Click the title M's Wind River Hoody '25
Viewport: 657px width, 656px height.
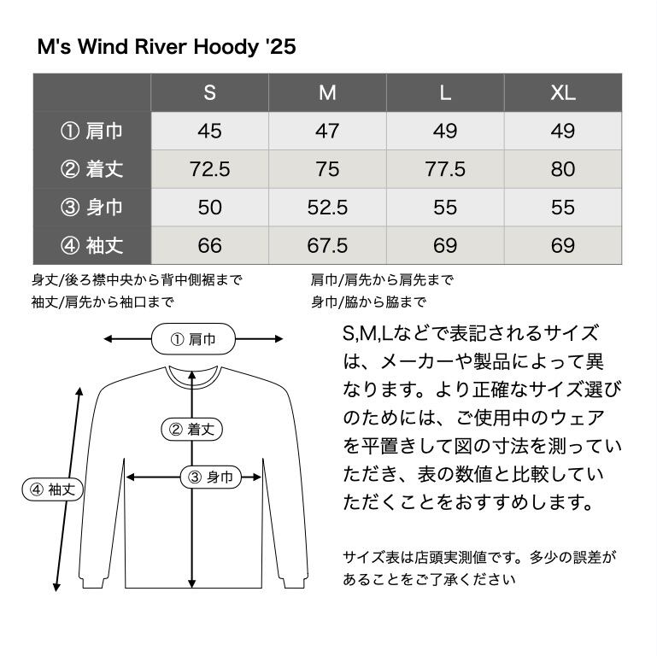(x=167, y=46)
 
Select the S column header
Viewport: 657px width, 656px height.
(x=209, y=93)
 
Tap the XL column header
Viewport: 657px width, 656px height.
(x=562, y=93)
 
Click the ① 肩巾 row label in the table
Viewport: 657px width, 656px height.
(x=92, y=131)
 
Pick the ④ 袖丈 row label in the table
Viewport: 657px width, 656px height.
(x=92, y=246)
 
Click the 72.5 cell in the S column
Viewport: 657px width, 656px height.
(x=209, y=169)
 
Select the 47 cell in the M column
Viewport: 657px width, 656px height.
(x=327, y=131)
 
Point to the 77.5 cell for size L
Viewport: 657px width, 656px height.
(x=445, y=169)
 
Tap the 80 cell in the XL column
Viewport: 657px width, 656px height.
(x=562, y=169)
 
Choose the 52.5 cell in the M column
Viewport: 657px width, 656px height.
(x=327, y=208)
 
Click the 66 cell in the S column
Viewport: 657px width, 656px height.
(x=209, y=246)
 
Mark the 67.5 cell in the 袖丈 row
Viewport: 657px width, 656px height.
(x=327, y=246)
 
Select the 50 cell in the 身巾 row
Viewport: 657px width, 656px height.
(x=209, y=208)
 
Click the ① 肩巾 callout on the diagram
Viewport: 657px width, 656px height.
(x=193, y=339)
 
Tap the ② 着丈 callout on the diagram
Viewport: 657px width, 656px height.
(x=192, y=430)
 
